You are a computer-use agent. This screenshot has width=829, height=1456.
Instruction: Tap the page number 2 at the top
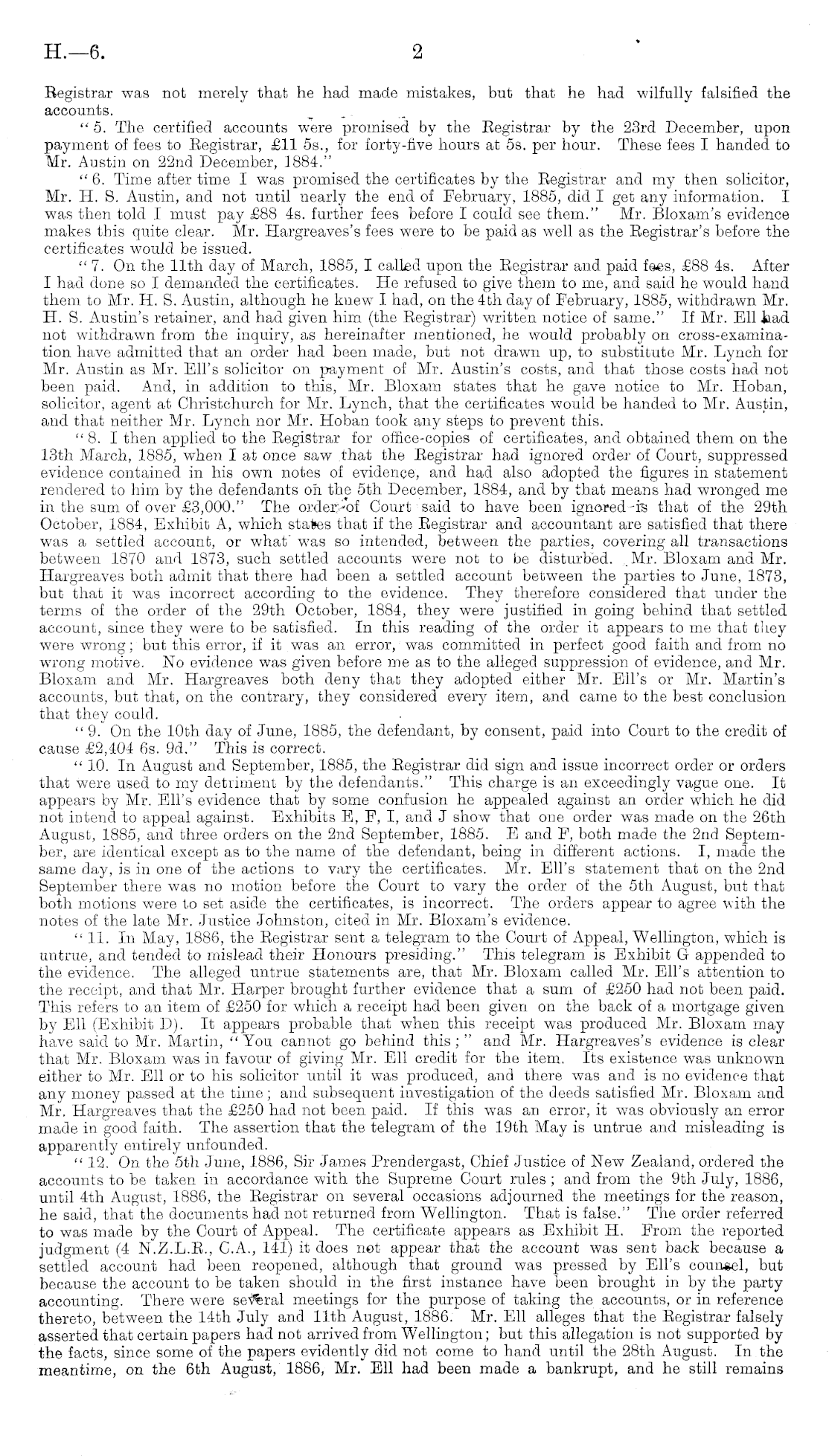417,51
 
